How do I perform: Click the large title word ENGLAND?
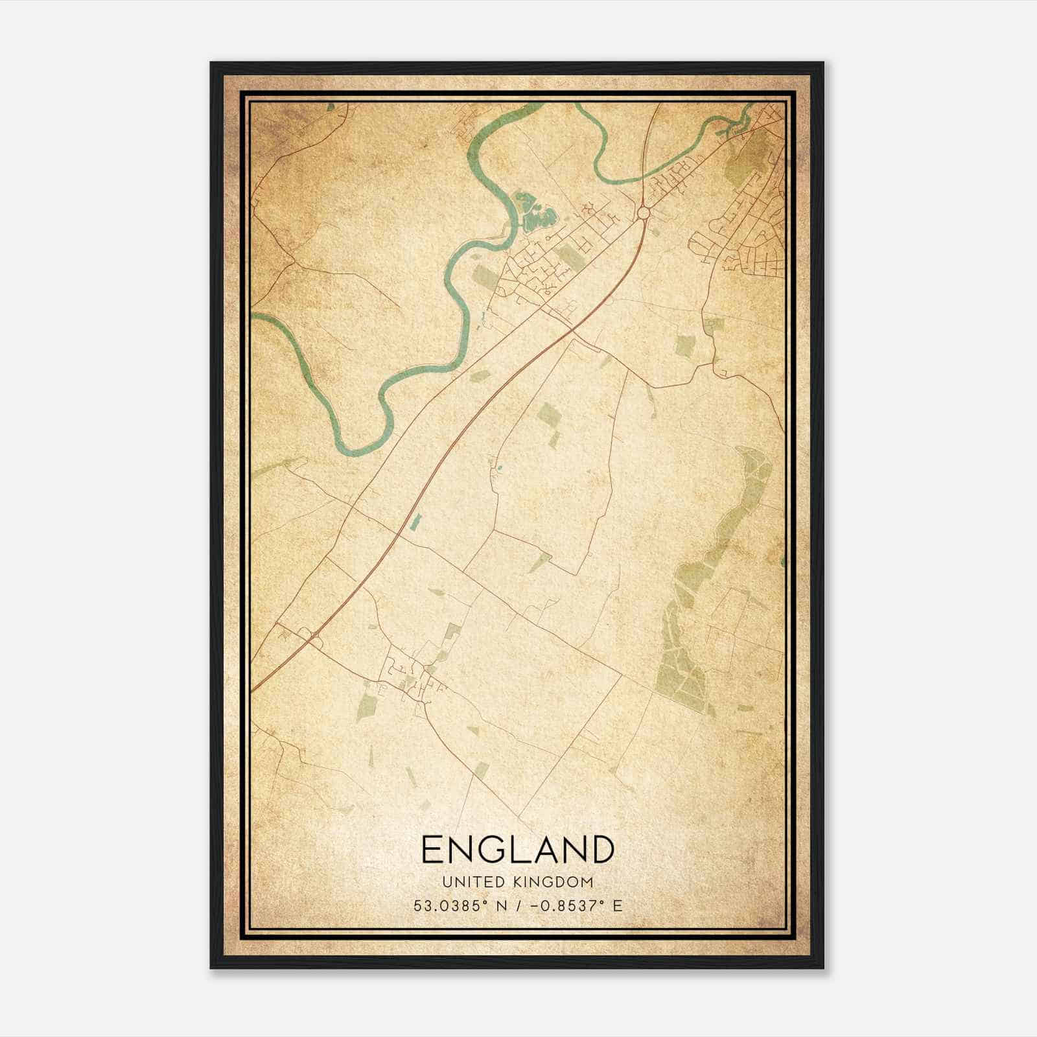[x=517, y=849]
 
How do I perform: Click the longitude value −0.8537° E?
[x=576, y=905]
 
